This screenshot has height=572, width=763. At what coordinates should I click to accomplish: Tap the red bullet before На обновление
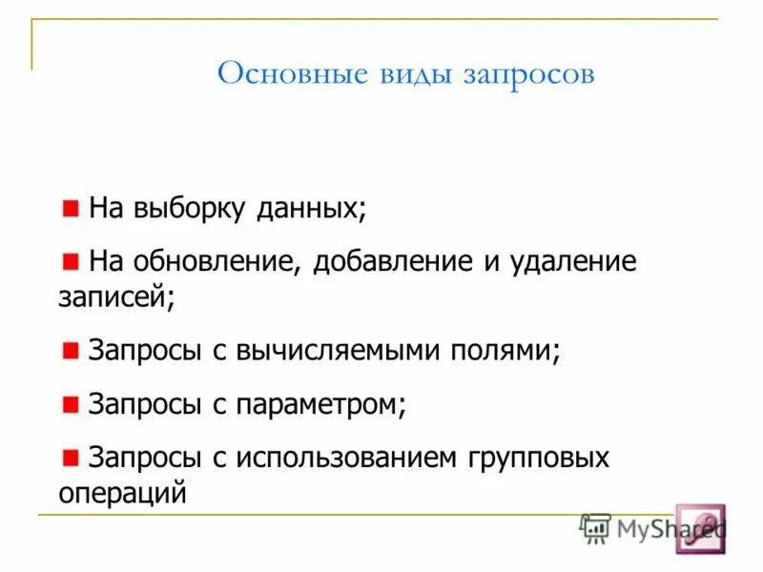coord(72,259)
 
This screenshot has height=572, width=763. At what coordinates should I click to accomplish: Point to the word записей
coord(115,297)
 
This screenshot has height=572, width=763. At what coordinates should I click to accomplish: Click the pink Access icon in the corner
coord(700,528)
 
